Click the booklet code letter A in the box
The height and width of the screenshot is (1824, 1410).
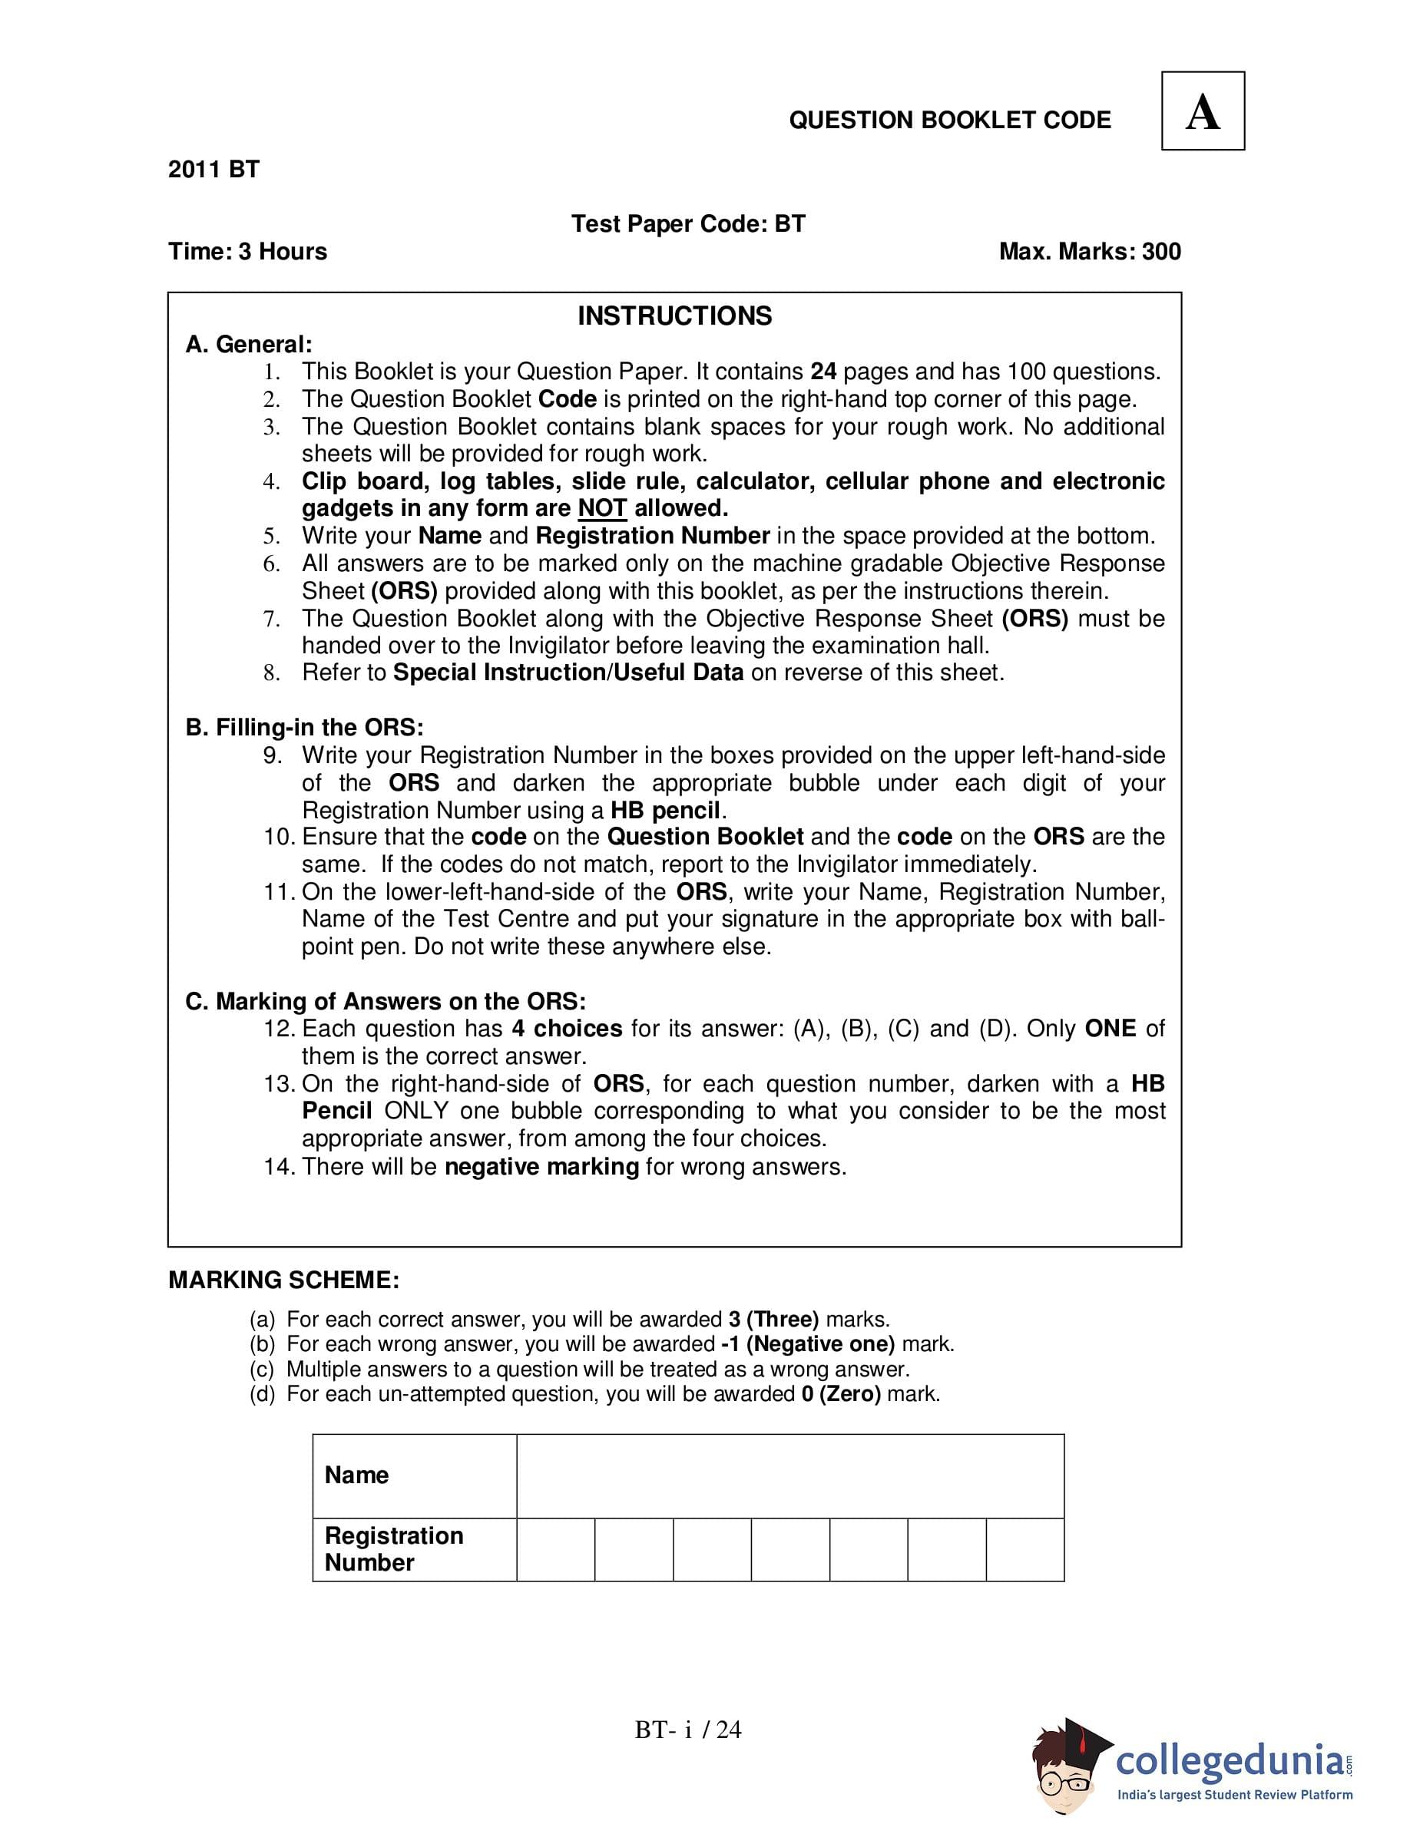(x=1202, y=112)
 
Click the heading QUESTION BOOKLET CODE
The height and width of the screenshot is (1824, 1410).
(x=950, y=121)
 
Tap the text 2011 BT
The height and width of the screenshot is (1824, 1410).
(x=213, y=170)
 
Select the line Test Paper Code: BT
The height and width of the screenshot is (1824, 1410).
(x=687, y=224)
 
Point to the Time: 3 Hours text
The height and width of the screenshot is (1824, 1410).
(x=247, y=251)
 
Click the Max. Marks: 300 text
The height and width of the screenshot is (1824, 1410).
(x=1089, y=251)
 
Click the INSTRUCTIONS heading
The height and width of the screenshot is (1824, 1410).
(x=674, y=316)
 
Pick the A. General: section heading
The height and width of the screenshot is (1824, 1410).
(x=249, y=344)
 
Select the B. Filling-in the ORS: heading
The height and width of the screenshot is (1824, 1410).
(x=304, y=728)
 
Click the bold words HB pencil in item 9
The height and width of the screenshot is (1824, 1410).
(x=665, y=810)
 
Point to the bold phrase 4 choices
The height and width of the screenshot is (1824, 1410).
(x=568, y=1028)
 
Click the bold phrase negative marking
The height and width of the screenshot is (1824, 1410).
(x=541, y=1166)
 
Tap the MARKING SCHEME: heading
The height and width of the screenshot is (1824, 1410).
(x=284, y=1280)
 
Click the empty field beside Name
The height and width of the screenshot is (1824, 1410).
(x=789, y=1475)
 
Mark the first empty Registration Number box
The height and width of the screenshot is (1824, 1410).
(x=555, y=1549)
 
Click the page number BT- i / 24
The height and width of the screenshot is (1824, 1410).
(x=687, y=1730)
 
